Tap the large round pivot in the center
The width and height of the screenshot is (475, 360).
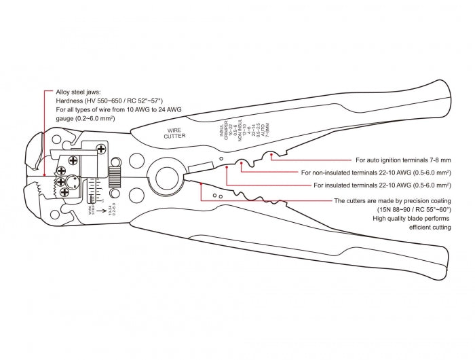coord(165,179)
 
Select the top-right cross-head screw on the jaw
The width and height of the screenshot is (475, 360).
coord(101,149)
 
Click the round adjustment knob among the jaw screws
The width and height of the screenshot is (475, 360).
coord(72,182)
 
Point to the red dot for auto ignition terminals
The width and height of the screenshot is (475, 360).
coord(272,156)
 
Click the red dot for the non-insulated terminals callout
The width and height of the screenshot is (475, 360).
coord(240,164)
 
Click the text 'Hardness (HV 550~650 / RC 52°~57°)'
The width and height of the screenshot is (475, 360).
coord(110,100)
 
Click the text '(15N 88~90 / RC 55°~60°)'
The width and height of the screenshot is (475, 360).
coord(414,211)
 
